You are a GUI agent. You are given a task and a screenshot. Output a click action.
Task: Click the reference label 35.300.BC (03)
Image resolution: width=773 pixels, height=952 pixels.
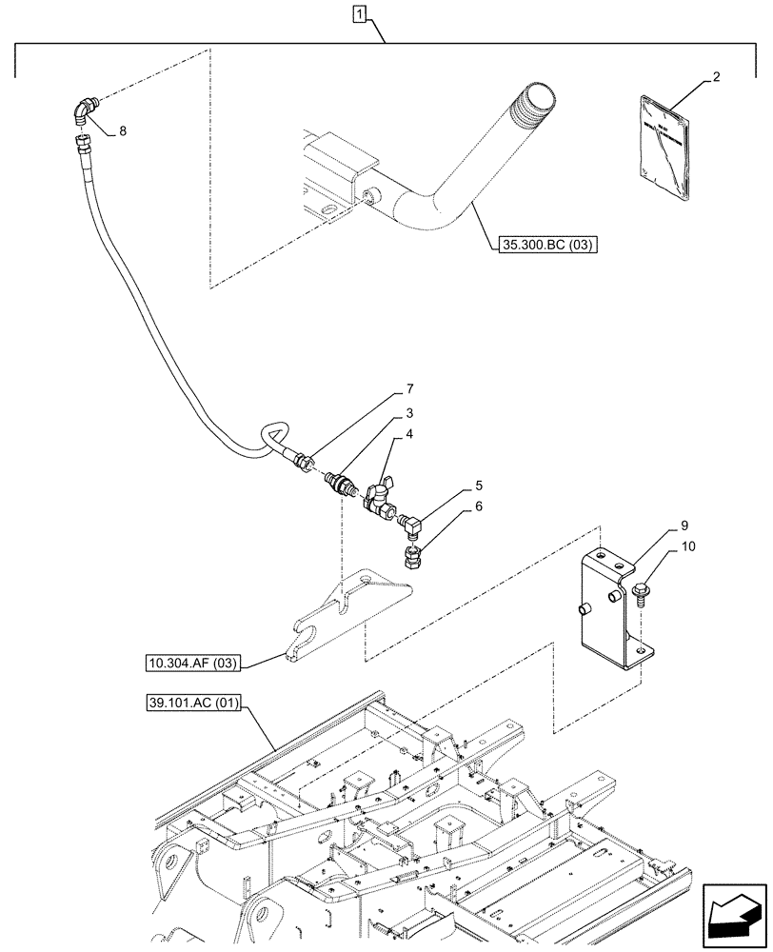tap(545, 246)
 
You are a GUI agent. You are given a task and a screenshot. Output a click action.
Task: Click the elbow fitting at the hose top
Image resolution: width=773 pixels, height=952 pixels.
tap(84, 112)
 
